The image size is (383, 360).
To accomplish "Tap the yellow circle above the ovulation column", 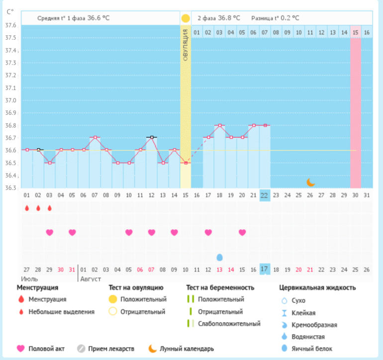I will (186, 18).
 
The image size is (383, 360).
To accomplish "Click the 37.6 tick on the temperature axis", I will (11, 25).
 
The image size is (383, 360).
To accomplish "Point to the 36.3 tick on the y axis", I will (11, 188).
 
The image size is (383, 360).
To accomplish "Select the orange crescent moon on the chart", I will (310, 182).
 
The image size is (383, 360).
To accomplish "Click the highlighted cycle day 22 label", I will (265, 194).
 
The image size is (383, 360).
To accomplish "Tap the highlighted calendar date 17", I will (265, 269).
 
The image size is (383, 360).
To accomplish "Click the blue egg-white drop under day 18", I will (219, 257).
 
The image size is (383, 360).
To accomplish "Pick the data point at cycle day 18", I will (219, 125).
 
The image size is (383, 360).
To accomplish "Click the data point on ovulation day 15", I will (186, 163).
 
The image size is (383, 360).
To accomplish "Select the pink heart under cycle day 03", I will (49, 232).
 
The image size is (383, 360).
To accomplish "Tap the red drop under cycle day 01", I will (27, 208).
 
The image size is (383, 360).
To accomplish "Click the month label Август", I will (90, 278).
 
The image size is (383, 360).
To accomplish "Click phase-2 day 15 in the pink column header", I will (355, 33).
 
